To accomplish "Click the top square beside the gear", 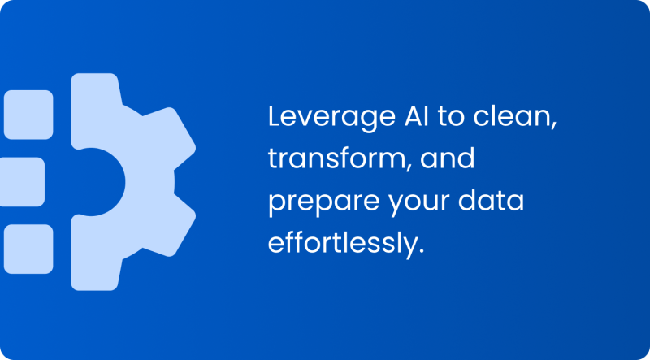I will (x=29, y=115).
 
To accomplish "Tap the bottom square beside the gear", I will (x=29, y=249).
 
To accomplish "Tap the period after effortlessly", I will (x=422, y=251).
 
